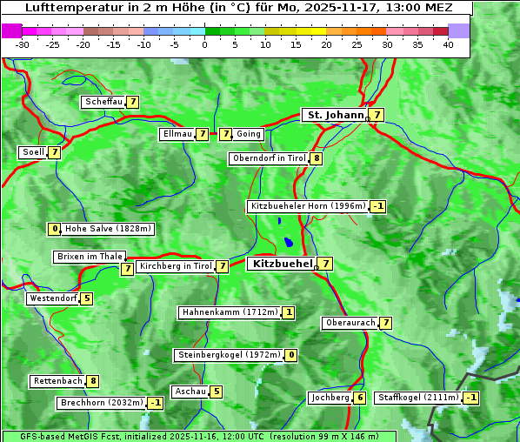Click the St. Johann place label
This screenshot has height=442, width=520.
click(x=334, y=115)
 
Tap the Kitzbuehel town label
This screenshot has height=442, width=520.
click(x=281, y=263)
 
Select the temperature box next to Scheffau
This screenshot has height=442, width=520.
click(x=133, y=102)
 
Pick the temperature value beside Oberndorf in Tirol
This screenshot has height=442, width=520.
click(x=317, y=158)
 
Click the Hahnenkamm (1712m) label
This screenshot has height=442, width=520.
click(x=230, y=312)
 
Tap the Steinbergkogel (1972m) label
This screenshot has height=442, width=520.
click(x=229, y=355)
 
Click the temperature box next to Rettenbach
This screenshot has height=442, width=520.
click(x=93, y=381)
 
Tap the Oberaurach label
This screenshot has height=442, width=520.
click(x=350, y=323)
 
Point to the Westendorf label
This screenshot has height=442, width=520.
click(x=53, y=298)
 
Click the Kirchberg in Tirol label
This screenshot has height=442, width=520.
click(x=176, y=266)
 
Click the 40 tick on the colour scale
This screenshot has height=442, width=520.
click(x=448, y=44)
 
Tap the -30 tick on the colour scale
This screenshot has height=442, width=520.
click(x=23, y=44)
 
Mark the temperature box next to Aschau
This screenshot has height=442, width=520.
click(x=217, y=392)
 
